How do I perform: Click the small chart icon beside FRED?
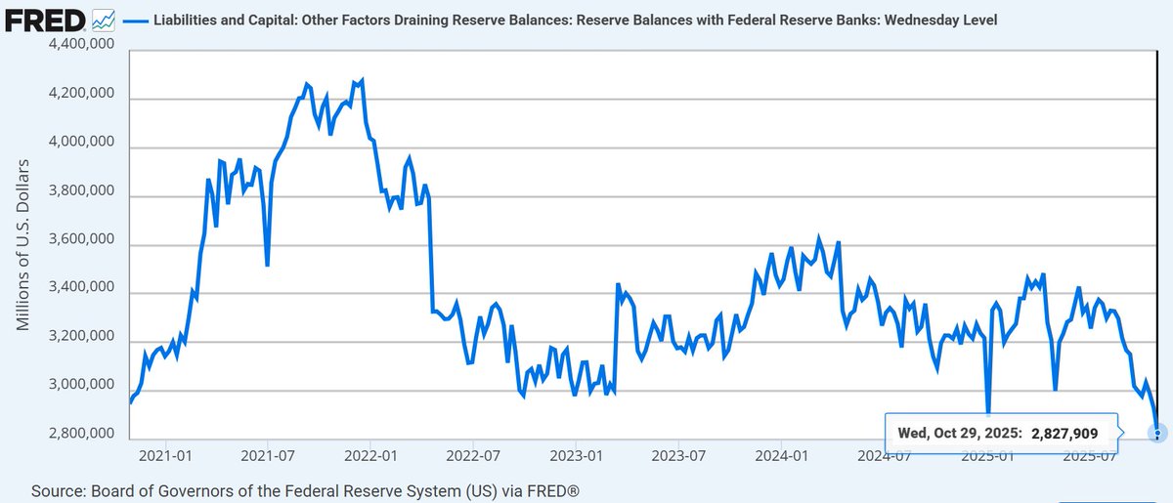point(103,19)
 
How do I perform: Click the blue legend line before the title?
point(137,19)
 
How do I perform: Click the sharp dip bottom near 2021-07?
point(267,265)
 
